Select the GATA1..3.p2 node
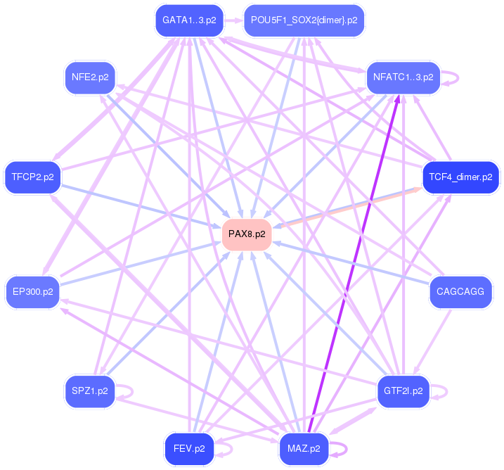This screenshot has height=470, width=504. click(189, 20)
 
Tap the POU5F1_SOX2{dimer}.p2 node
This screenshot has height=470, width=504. click(304, 20)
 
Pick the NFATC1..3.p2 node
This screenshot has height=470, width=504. click(403, 77)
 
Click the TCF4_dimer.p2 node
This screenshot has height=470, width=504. click(460, 177)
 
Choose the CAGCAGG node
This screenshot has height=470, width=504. click(460, 291)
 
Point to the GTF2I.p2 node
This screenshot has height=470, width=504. click(403, 390)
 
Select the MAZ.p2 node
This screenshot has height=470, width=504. click(304, 447)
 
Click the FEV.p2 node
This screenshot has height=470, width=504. click(189, 447)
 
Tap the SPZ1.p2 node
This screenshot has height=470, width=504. click(90, 390)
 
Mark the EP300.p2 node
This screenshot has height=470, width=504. click(32, 291)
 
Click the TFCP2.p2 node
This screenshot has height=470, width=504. click(32, 177)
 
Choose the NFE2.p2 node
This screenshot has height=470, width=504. click(90, 77)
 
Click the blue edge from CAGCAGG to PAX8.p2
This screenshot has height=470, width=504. click(351, 263)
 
